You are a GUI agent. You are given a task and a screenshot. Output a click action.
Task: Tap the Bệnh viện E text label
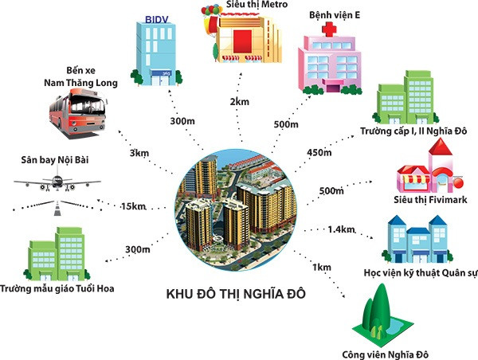pyautogui.click(x=337, y=14)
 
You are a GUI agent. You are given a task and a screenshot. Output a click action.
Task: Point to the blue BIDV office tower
pyautogui.click(x=157, y=50)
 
